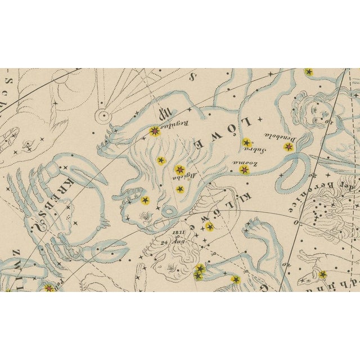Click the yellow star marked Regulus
pos(154,132)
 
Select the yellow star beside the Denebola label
pos(289,147)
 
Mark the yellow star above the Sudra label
pos(246,142)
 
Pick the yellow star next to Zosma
pos(244,169)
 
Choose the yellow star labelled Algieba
pos(179,169)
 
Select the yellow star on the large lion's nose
pos(145,200)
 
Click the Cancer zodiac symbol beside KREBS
pos(38,227)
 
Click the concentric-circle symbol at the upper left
pos(103,116)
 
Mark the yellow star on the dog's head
pos(322,274)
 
